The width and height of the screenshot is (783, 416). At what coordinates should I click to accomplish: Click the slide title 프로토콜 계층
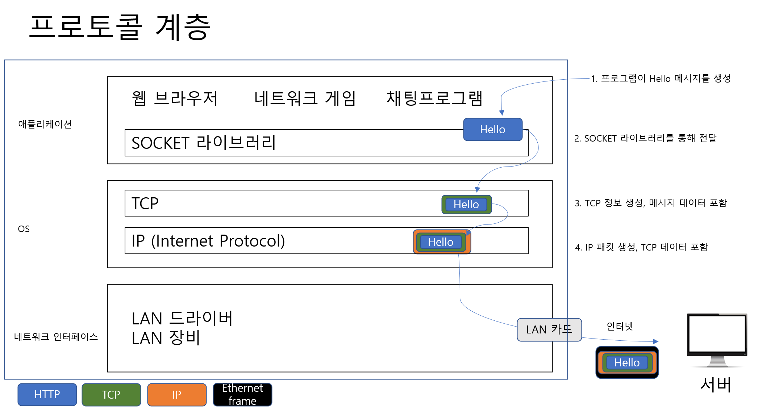(120, 27)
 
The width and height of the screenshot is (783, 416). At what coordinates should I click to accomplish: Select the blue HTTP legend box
(47, 394)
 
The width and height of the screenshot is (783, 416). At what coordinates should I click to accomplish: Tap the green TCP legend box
(111, 394)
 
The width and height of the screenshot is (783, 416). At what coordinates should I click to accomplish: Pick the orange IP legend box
(177, 394)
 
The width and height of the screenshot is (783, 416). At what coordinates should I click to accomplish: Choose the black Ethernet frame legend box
(242, 394)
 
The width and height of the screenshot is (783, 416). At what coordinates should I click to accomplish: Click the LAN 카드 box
(549, 329)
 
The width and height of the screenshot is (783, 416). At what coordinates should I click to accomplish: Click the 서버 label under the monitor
(716, 385)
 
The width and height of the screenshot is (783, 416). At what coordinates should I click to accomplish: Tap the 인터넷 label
(620, 326)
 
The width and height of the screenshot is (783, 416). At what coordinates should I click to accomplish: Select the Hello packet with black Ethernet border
(627, 362)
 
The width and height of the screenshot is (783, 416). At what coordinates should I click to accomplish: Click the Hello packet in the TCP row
(466, 205)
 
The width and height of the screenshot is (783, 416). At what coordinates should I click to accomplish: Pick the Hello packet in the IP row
(441, 242)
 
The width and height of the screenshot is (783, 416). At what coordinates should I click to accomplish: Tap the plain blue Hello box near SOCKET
(492, 129)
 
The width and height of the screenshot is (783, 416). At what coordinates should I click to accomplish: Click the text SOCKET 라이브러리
(204, 143)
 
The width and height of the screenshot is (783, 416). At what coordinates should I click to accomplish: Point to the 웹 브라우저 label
(175, 98)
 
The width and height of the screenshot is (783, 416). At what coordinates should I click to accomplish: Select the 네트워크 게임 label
(305, 98)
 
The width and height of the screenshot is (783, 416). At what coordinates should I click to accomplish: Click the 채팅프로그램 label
(434, 98)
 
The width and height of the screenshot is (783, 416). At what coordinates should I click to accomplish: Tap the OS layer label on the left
(24, 229)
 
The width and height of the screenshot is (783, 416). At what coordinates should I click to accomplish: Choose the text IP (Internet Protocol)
(208, 241)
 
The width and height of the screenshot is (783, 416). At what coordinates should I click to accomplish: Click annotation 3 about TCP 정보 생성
(651, 203)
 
